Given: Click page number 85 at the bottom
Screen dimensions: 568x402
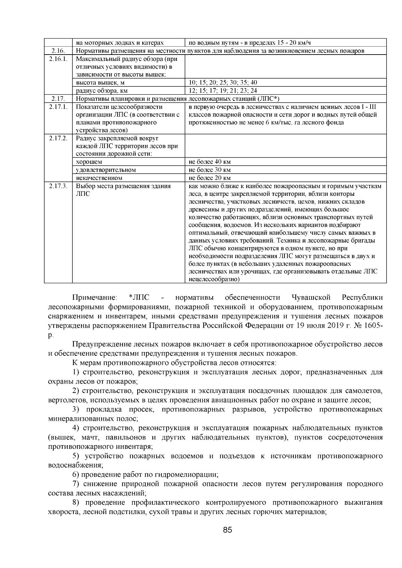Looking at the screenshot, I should click(x=227, y=530).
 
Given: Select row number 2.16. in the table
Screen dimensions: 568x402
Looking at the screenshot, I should click(x=58, y=51).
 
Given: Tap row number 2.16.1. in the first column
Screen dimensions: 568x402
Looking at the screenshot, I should click(x=58, y=59).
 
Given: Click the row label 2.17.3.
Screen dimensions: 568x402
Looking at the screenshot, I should click(x=58, y=186).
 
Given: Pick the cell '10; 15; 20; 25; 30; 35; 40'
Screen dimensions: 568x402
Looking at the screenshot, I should click(x=223, y=82).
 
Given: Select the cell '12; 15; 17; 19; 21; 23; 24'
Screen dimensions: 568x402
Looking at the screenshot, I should click(x=223, y=90).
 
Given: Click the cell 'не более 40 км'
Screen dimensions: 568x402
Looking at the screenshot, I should click(x=210, y=162).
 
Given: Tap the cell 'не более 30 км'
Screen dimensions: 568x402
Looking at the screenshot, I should click(x=210, y=170).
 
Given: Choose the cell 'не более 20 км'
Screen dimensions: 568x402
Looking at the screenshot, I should click(x=210, y=178).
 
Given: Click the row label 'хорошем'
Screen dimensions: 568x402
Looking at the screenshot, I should click(x=89, y=162).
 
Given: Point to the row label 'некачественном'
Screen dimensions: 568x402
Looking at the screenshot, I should click(x=99, y=178).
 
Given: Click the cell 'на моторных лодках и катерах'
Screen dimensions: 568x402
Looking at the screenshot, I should click(x=120, y=43).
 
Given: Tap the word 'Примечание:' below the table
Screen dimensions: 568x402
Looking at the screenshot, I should click(x=95, y=298).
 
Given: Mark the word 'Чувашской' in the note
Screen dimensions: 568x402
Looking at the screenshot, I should click(x=311, y=298).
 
